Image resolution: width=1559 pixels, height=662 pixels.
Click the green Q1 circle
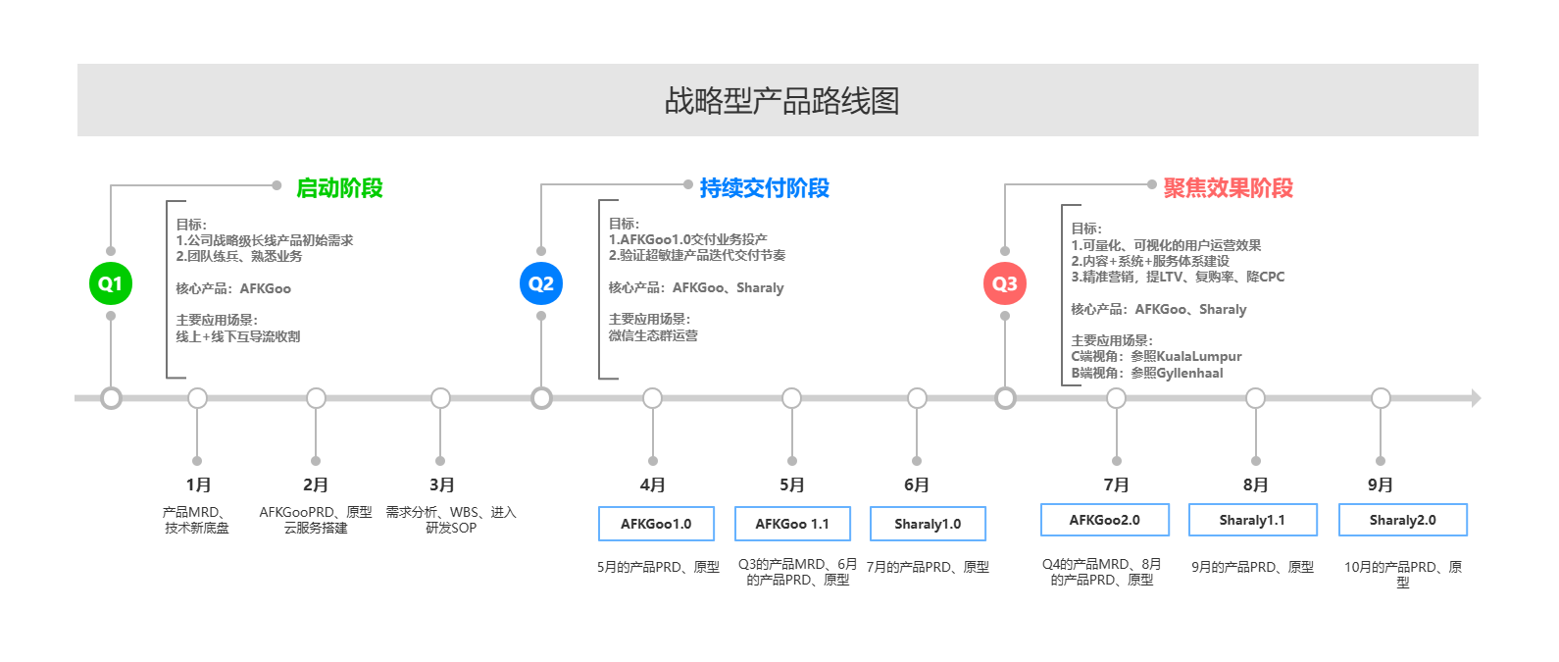[x=110, y=283]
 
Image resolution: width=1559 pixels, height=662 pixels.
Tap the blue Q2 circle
[x=541, y=283]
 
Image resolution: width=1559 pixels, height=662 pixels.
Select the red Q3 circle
[x=1005, y=283]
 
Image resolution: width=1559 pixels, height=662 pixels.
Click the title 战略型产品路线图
[x=781, y=101]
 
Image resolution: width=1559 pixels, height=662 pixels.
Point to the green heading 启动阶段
[x=339, y=188]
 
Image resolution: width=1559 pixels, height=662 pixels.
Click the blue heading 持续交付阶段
[x=764, y=188]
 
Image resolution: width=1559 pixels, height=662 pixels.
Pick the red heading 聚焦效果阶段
[x=1228, y=188]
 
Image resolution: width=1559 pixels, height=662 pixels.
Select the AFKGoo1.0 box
[x=656, y=524]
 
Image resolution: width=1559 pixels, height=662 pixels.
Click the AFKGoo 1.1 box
[x=792, y=524]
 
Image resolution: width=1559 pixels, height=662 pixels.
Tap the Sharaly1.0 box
[x=928, y=524]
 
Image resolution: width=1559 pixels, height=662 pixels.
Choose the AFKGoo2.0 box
[x=1104, y=520]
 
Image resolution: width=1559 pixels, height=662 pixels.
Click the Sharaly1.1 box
[x=1252, y=520]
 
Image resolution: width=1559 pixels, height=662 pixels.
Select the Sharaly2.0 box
[x=1402, y=520]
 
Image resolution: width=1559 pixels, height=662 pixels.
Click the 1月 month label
[x=198, y=484]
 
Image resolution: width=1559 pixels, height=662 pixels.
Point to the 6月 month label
[x=917, y=484]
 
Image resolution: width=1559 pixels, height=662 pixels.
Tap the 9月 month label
[x=1381, y=484]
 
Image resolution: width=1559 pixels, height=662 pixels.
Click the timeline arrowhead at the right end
[x=1475, y=398]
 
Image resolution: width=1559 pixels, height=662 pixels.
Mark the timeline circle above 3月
[x=440, y=398]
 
